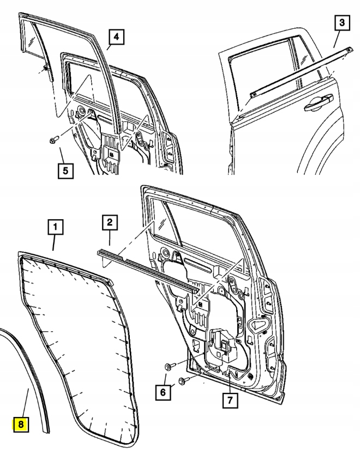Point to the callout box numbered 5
pyautogui.click(x=65, y=170)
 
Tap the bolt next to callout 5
pyautogui.click(x=53, y=140)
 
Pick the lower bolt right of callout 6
pyautogui.click(x=184, y=380)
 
